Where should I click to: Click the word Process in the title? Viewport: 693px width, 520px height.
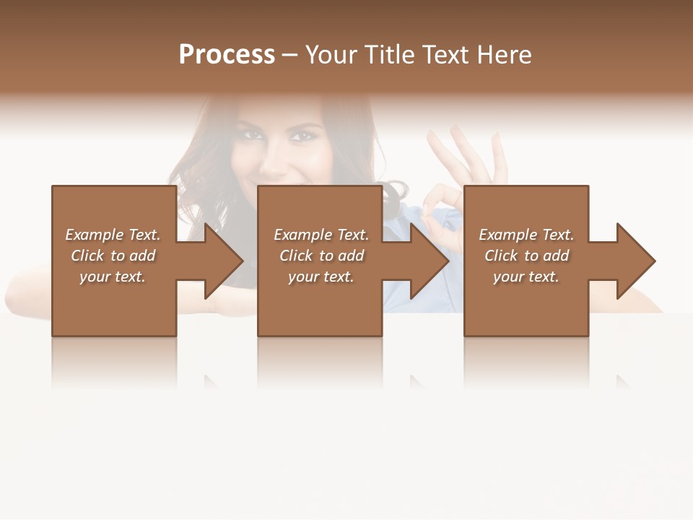tap(227, 55)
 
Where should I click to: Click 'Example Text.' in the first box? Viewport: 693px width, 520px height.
tap(113, 235)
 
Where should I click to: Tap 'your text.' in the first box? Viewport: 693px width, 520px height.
tap(113, 277)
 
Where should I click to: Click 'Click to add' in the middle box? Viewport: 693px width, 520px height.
tap(321, 256)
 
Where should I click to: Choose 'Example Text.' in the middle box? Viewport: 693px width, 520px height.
tap(321, 235)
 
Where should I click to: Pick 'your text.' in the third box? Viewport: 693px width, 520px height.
tap(526, 277)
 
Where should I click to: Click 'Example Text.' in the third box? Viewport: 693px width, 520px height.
tap(526, 235)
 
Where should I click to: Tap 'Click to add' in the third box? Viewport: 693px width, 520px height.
tap(526, 256)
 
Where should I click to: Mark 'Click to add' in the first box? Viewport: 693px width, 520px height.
tap(113, 256)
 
